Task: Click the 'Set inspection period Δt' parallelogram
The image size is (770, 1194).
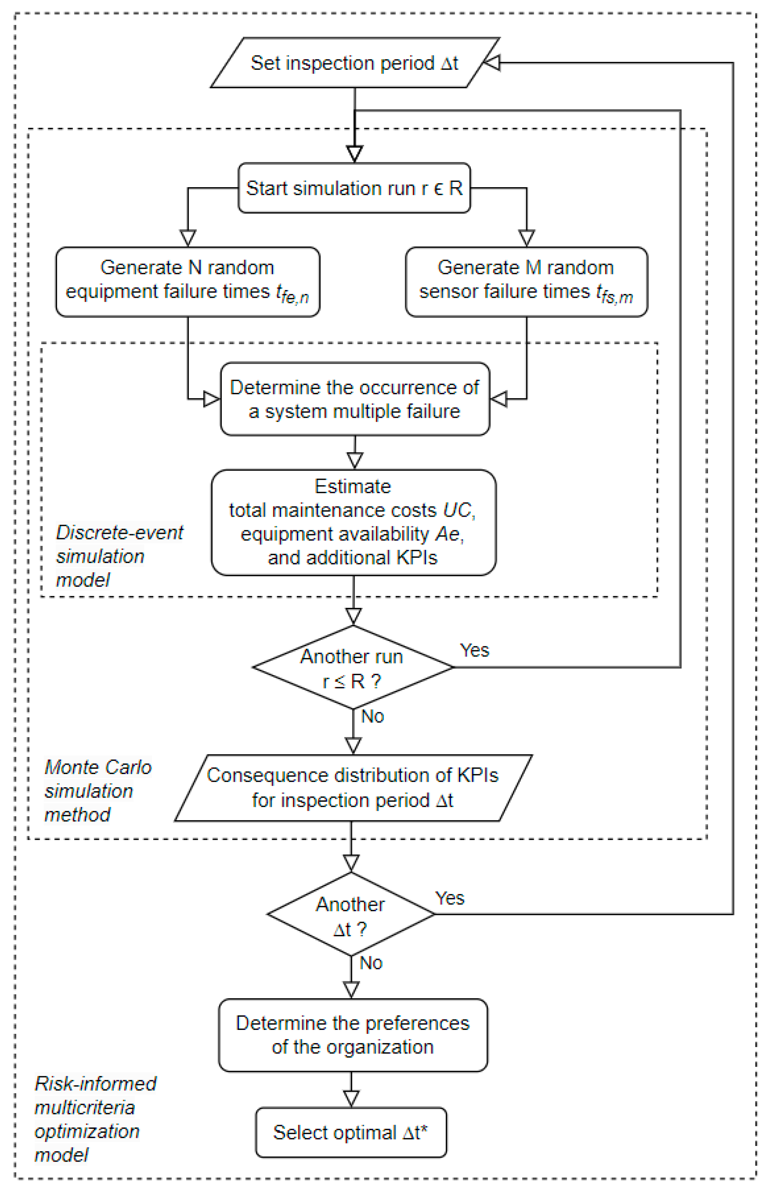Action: [x=354, y=63]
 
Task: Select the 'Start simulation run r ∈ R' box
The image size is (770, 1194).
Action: [x=354, y=188]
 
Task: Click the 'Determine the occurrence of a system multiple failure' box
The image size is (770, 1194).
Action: [x=354, y=399]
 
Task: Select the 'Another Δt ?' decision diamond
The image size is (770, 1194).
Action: [x=351, y=914]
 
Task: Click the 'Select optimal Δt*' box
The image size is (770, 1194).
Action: [x=351, y=1132]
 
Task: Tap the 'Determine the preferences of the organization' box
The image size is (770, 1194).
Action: [x=353, y=1035]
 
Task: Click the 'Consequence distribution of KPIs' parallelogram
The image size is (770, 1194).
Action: [x=353, y=787]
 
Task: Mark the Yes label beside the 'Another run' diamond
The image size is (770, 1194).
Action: [x=474, y=650]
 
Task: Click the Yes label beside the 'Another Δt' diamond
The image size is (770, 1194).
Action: [x=449, y=898]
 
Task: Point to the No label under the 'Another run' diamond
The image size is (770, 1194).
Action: [x=373, y=716]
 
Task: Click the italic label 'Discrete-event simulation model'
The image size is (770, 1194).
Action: [x=119, y=556]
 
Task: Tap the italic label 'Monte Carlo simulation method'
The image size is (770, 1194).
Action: [x=97, y=791]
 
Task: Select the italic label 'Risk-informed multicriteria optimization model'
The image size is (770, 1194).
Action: [x=95, y=1119]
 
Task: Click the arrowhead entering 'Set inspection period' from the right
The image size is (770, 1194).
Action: [x=492, y=63]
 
